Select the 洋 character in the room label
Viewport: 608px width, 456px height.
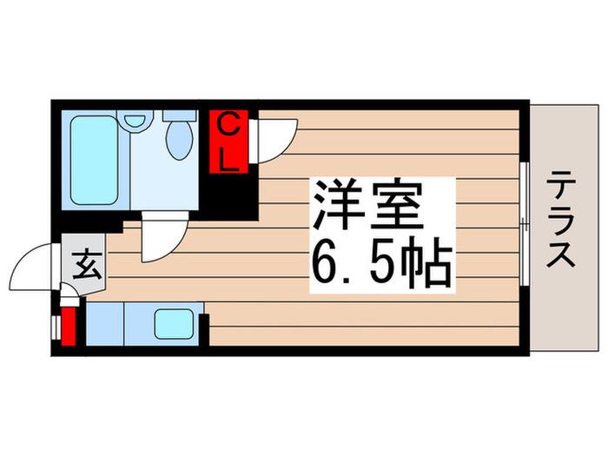pos(337,204)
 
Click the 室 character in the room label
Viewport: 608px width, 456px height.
pos(396,204)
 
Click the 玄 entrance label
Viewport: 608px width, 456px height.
pos(88,265)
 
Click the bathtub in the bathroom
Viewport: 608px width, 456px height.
pos(94,160)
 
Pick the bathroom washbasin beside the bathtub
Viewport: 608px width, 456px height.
pos(135,120)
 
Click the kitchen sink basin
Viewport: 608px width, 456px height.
pos(174,324)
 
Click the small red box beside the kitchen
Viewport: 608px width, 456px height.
pos(69,326)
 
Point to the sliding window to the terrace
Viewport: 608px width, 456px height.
pos(525,224)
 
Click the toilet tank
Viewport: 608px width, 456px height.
pos(179,115)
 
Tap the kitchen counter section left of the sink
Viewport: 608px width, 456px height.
pos(105,324)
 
